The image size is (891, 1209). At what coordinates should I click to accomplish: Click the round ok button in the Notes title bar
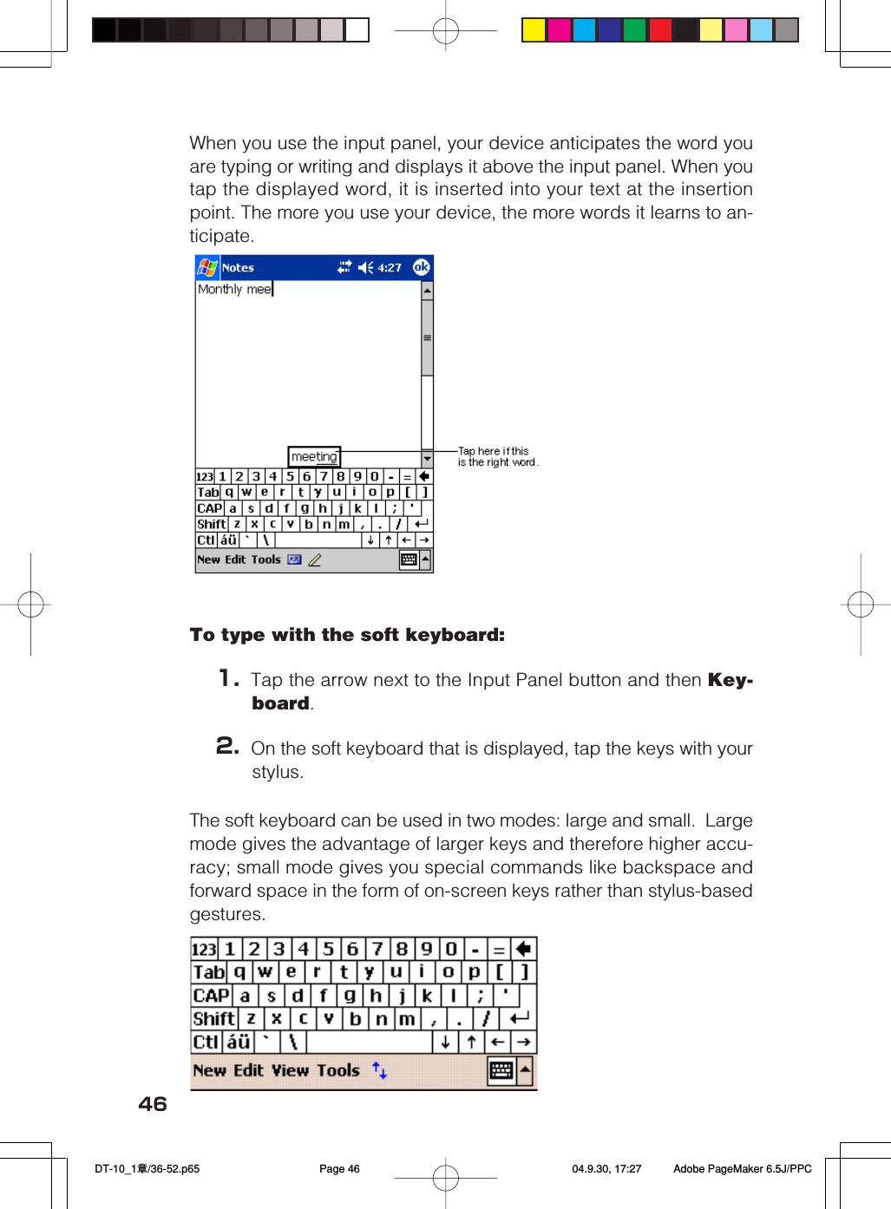[421, 267]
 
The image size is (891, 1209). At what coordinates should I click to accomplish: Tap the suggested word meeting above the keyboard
[314, 457]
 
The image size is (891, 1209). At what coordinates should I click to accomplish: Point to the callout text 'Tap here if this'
[493, 451]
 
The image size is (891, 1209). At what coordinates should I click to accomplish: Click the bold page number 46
[153, 1104]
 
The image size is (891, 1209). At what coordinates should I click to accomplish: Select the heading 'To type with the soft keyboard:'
[347, 635]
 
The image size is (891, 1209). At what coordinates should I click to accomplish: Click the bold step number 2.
[227, 746]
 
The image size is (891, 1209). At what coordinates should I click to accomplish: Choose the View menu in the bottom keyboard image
[291, 1071]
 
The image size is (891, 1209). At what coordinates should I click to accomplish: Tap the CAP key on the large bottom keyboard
[211, 996]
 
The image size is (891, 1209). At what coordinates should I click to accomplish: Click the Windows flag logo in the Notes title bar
[207, 267]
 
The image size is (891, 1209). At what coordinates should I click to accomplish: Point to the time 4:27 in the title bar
[390, 268]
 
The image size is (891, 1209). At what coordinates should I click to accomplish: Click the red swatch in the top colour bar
[660, 30]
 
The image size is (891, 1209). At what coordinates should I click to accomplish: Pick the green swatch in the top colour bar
[635, 30]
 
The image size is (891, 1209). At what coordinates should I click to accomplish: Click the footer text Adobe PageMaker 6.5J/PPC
[742, 1169]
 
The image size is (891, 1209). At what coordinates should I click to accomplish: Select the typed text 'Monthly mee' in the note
[234, 290]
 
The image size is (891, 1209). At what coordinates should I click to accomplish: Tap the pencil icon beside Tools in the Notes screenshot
[315, 560]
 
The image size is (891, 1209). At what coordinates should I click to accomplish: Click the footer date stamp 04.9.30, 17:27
[606, 1169]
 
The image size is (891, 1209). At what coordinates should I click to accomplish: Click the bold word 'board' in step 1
[280, 703]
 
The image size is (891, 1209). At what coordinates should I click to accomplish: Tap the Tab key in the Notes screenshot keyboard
[208, 492]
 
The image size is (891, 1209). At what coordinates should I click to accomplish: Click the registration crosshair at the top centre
[445, 31]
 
